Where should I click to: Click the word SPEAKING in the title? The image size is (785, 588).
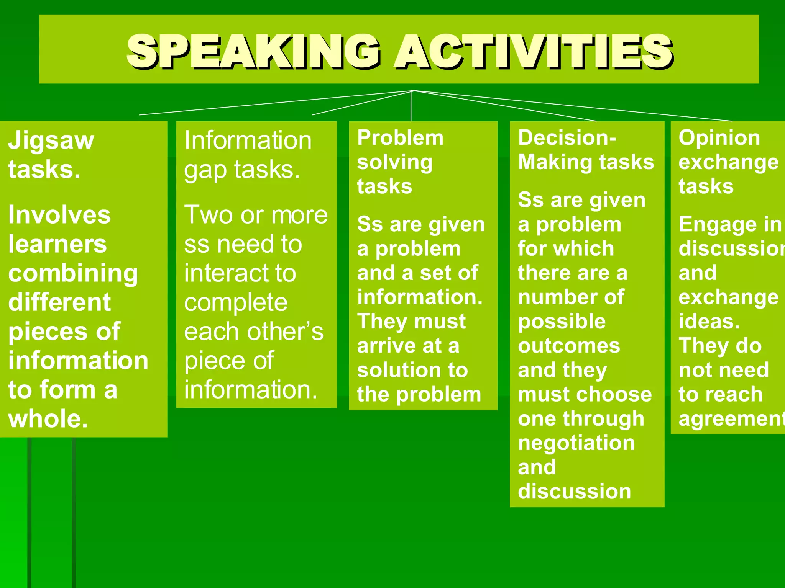pyautogui.click(x=253, y=52)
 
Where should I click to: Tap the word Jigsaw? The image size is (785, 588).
pyautogui.click(x=51, y=140)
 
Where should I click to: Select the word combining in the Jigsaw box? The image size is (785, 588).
pyautogui.click(x=73, y=274)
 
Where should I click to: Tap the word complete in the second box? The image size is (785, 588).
pyautogui.click(x=236, y=302)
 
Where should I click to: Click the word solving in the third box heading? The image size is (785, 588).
pyautogui.click(x=395, y=163)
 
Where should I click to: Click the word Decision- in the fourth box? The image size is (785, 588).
pyautogui.click(x=567, y=137)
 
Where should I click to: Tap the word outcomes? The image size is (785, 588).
pyautogui.click(x=569, y=346)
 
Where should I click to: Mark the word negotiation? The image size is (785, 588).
pyautogui.click(x=576, y=443)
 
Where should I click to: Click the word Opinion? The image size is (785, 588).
pyautogui.click(x=719, y=137)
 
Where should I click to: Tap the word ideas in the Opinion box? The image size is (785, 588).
pyautogui.click(x=709, y=321)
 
